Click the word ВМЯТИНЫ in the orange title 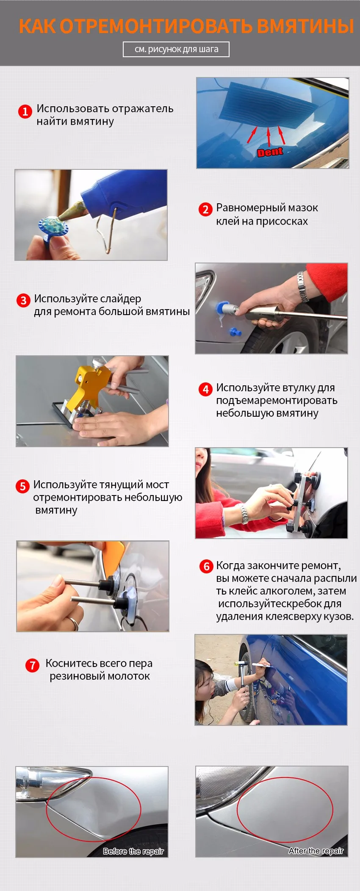pyautogui.click(x=305, y=26)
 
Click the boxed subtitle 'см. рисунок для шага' pyautogui.click(x=176, y=49)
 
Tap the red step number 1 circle pyautogui.click(x=25, y=111)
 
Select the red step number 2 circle pyautogui.click(x=205, y=209)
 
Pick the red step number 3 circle pyautogui.click(x=23, y=300)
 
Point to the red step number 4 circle pyautogui.click(x=205, y=389)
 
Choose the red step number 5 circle pyautogui.click(x=22, y=486)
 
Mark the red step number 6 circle pyautogui.click(x=206, y=566)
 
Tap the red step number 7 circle pyautogui.click(x=33, y=665)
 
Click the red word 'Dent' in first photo pyautogui.click(x=270, y=152)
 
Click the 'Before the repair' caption pyautogui.click(x=133, y=851)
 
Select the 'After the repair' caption pyautogui.click(x=316, y=851)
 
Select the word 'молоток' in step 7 pyautogui.click(x=129, y=676)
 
